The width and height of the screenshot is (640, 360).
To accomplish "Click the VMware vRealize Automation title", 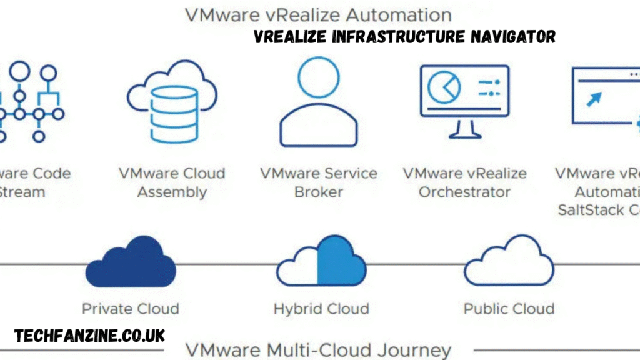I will click(x=319, y=14).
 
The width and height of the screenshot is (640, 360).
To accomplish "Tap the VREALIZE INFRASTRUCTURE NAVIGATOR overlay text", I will click(x=404, y=37).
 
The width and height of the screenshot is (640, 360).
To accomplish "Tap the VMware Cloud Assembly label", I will click(x=172, y=182).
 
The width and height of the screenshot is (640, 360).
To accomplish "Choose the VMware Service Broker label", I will click(x=318, y=182).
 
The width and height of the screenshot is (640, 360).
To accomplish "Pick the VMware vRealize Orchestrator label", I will click(x=464, y=182).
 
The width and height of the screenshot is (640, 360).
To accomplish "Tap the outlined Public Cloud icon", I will click(x=509, y=261).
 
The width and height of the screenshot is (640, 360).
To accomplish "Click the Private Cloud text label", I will click(x=130, y=309).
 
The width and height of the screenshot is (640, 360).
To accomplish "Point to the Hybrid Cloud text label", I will click(x=321, y=309).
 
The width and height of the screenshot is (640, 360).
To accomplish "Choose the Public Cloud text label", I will click(x=509, y=309).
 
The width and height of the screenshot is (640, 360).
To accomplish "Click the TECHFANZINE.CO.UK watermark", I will click(x=90, y=336).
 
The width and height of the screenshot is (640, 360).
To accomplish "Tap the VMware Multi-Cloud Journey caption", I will click(x=319, y=350).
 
